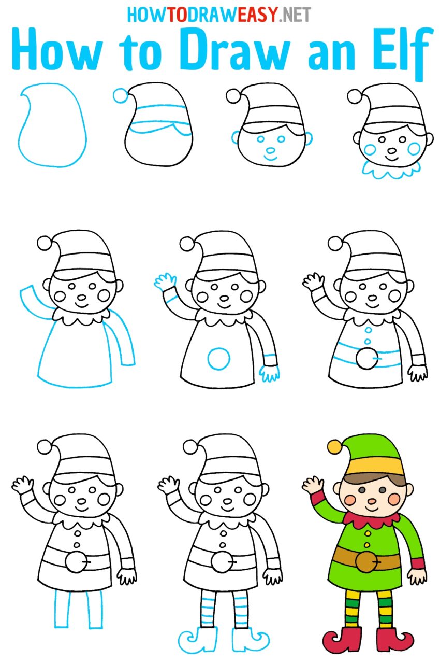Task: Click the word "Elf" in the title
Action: click(397, 51)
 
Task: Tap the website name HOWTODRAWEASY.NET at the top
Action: click(219, 15)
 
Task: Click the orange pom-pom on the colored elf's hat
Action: click(334, 446)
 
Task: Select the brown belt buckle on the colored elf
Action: click(366, 561)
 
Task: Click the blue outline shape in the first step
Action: click(52, 124)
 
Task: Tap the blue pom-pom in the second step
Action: click(120, 95)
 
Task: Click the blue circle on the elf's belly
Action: click(218, 358)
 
